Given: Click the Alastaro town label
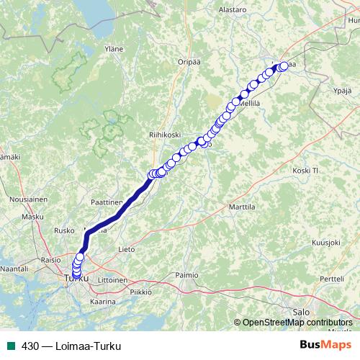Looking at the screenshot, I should click(x=232, y=10).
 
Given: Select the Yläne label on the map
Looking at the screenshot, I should click(x=114, y=49).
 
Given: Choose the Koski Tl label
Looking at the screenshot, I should click(x=305, y=171).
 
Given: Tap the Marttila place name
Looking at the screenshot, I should click(x=241, y=207).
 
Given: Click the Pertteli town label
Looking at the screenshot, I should click(x=333, y=278).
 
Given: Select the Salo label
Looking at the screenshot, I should click(x=302, y=312).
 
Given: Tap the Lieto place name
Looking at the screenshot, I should click(x=126, y=249).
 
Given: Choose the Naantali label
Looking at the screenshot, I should click(x=15, y=268).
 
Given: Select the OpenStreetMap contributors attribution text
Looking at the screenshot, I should click(x=297, y=322).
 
